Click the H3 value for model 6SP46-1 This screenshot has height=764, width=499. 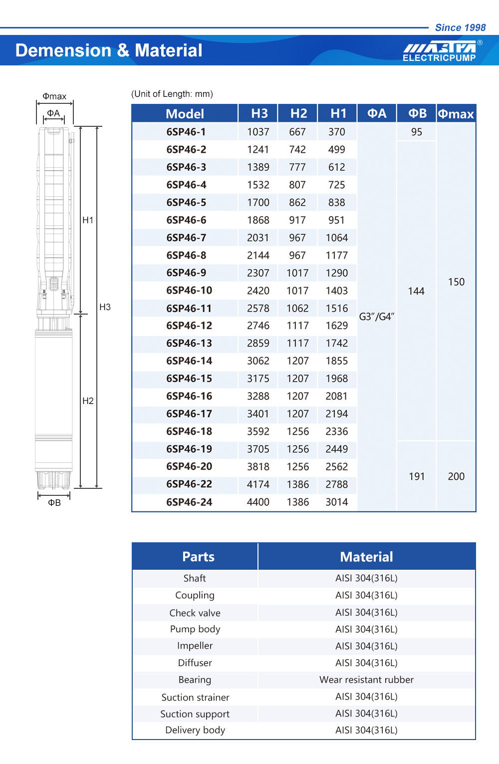point(258,132)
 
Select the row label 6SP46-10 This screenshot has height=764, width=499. point(189,290)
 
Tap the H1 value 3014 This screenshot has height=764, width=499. point(337,502)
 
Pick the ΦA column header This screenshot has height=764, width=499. point(377,113)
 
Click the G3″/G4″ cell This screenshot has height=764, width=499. point(377,317)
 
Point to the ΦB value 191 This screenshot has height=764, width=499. point(417,476)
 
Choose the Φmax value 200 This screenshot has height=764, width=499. point(456,476)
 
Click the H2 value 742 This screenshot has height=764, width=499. point(297,149)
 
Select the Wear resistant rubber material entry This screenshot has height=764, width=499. point(366,680)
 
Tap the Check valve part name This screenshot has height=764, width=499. point(195,613)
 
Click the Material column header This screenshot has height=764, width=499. point(366,557)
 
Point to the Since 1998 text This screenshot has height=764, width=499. point(460,27)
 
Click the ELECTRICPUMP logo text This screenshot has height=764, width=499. point(439,58)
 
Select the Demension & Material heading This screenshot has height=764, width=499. point(109,50)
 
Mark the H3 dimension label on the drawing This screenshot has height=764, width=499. point(105,307)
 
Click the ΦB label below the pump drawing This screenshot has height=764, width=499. point(54,503)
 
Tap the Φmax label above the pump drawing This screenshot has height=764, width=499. point(54,96)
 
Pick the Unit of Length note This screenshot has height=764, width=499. point(172,94)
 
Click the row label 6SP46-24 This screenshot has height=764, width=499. point(189,502)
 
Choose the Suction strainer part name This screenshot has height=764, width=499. point(195,697)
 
